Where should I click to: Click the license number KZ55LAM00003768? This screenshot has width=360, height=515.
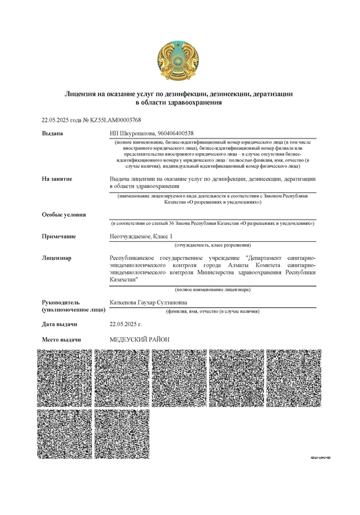pyautogui.click(x=116, y=120)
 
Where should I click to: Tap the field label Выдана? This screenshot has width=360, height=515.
pyautogui.click(x=53, y=134)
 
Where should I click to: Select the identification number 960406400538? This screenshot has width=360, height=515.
pyautogui.click(x=173, y=134)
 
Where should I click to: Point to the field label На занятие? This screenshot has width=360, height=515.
pyautogui.click(x=57, y=178)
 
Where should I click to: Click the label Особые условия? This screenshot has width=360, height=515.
pyautogui.click(x=64, y=214)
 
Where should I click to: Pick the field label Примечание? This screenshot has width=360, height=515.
pyautogui.click(x=59, y=236)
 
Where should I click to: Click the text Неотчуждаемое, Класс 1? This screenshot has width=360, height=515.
pyautogui.click(x=142, y=236)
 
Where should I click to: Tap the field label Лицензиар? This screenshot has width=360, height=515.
pyautogui.click(x=57, y=257)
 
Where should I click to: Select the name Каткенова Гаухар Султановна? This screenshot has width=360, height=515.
pyautogui.click(x=149, y=302)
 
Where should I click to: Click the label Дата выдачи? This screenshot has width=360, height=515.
pyautogui.click(x=59, y=324)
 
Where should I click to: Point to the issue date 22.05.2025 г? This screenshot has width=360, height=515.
pyautogui.click(x=126, y=324)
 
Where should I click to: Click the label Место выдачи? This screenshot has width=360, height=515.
pyautogui.click(x=62, y=339)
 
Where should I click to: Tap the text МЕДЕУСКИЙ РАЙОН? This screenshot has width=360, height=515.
pyautogui.click(x=139, y=339)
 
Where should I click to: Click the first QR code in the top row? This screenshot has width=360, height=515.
pyautogui.click(x=64, y=378)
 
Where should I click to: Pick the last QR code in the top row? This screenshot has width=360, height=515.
pyautogui.click(x=294, y=378)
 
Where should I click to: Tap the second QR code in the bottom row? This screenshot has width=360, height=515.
pyautogui.click(x=122, y=434)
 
